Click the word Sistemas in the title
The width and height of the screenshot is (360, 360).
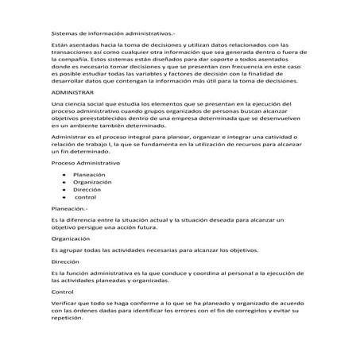(x=63, y=33)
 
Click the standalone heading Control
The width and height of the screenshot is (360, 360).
(x=61, y=292)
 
